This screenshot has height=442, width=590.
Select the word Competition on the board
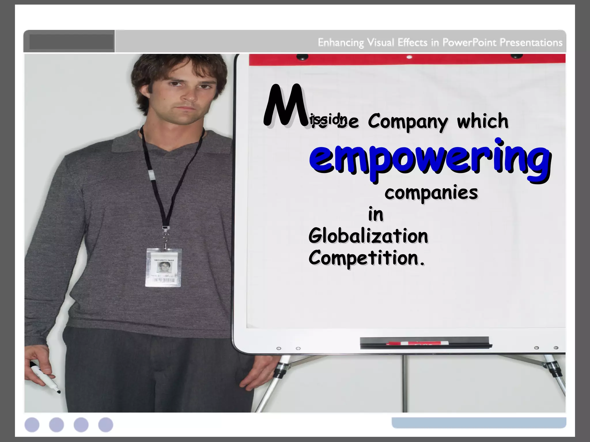(x=366, y=258)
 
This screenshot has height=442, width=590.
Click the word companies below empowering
(x=431, y=193)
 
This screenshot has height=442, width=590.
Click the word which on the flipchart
(x=483, y=121)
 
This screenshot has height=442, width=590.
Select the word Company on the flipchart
(x=408, y=122)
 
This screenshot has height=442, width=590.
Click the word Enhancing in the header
(x=341, y=43)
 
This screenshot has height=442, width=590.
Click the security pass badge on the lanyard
(x=163, y=268)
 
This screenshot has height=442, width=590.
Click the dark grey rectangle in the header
(x=71, y=42)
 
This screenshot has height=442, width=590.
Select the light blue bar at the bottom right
(x=479, y=422)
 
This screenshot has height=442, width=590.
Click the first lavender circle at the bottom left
(x=32, y=425)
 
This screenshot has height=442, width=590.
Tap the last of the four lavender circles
(x=106, y=425)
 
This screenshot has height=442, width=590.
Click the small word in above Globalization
(x=376, y=215)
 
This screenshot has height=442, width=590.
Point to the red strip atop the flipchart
(x=407, y=59)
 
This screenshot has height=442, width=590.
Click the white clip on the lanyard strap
(x=151, y=174)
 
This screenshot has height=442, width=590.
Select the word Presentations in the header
(x=531, y=43)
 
